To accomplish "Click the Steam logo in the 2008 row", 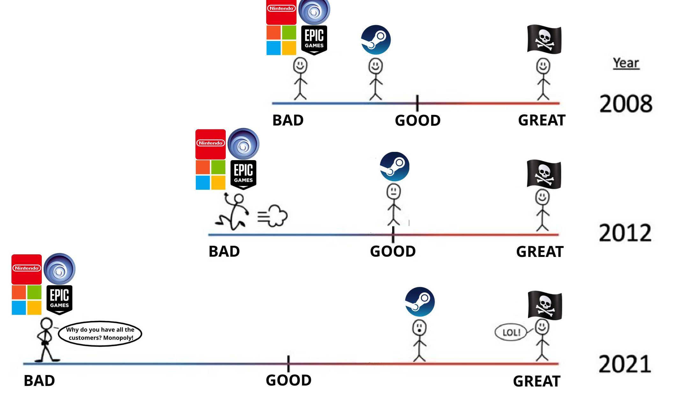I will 376,40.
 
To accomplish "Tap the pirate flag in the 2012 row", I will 544,174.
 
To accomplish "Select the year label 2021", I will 625,364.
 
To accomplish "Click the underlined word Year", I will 626,63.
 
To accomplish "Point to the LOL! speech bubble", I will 511,332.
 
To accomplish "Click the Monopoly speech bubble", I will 100,334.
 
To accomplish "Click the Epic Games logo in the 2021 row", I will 60,300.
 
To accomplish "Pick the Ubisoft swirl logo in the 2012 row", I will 243,144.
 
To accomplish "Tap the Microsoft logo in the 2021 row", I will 26,300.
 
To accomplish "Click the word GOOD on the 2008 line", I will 417,120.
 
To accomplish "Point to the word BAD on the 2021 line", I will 39,380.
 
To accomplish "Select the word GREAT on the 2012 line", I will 539,252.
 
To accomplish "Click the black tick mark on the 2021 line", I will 288,364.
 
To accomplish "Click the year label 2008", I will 626,104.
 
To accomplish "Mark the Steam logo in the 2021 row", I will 420,302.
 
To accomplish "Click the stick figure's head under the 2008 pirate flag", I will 543,66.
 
